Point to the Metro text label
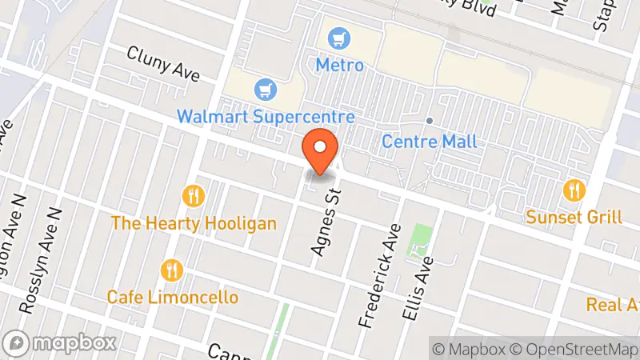tap(339, 65)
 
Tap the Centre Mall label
tap(429, 142)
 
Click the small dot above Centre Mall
tap(429, 121)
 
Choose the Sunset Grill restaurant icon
tap(574, 190)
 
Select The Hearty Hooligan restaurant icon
tap(193, 195)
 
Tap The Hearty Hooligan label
tap(194, 223)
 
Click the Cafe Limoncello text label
tap(173, 297)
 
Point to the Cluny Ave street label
tap(162, 63)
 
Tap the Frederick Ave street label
tap(380, 275)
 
